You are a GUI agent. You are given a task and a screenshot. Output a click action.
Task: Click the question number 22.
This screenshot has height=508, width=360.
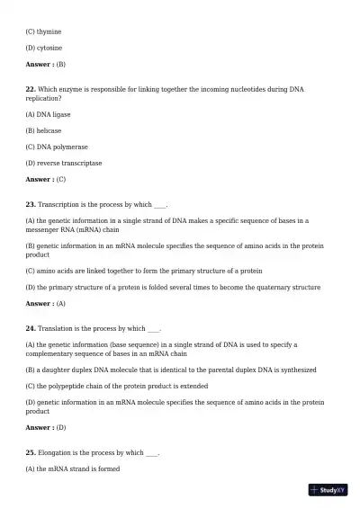click(x=30, y=90)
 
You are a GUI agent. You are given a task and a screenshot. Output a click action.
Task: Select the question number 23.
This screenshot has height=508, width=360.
click(x=30, y=204)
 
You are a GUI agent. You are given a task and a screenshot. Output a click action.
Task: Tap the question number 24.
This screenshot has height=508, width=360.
click(x=30, y=328)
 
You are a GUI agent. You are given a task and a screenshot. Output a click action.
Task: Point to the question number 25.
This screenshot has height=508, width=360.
click(x=30, y=452)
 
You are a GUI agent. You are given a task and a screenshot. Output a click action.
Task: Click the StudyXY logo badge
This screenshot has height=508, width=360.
click(x=328, y=490)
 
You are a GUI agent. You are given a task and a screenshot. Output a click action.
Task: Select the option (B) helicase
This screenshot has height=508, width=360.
click(x=43, y=130)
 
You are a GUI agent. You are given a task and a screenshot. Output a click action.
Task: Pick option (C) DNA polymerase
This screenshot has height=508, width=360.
click(x=57, y=147)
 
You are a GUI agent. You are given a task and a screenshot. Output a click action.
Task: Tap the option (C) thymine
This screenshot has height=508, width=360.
click(x=43, y=31)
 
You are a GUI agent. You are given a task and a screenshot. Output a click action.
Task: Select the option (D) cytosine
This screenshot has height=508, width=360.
click(x=43, y=48)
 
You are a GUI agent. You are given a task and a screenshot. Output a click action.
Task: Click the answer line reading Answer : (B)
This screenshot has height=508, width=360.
click(x=45, y=65)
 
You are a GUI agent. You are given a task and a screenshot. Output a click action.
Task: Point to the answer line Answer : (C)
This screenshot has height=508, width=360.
click(x=45, y=179)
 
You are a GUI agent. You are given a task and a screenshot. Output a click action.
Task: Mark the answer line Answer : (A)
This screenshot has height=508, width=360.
click(x=45, y=303)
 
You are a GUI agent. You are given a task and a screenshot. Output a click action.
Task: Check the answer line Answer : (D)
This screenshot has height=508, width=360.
click(x=45, y=427)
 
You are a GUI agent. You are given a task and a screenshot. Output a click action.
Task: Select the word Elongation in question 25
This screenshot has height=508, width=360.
click(x=55, y=452)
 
